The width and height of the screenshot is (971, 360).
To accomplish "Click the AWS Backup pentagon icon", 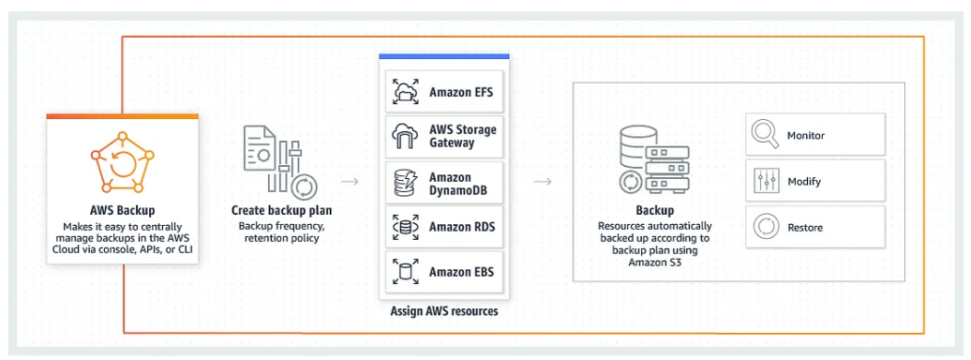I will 122,164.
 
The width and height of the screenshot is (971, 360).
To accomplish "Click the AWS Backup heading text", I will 122,210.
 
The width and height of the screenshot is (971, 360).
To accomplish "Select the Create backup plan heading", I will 281,210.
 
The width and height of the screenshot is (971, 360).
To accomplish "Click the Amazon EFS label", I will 461,93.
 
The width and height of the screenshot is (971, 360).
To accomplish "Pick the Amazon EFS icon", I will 406,93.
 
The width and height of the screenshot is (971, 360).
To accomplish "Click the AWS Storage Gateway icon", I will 406,137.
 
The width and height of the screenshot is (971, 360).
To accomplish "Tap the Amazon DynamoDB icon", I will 406,183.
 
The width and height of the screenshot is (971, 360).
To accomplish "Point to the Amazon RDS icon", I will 406,227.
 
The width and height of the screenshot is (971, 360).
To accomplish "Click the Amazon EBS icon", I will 406,272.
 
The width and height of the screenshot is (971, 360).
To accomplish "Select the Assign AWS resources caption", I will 443,311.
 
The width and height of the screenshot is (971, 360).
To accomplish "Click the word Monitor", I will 806,136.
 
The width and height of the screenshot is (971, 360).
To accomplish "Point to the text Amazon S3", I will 655,263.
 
